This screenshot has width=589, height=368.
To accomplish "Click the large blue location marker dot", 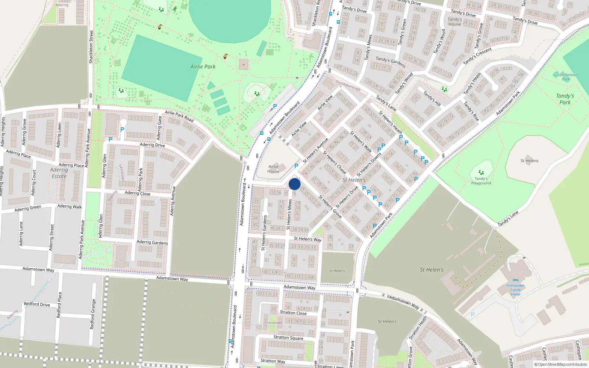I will click(x=294, y=184).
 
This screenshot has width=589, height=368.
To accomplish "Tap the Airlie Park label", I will click(x=203, y=67).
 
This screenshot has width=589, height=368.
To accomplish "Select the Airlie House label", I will click(x=274, y=169).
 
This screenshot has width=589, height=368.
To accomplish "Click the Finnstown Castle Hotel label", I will click(x=515, y=290).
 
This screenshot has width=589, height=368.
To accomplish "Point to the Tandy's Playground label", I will click(x=481, y=181).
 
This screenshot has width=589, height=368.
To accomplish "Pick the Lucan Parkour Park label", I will click(x=566, y=77).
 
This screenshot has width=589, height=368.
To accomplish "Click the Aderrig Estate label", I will click(x=59, y=173).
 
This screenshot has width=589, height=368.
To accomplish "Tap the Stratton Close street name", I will click(x=293, y=313).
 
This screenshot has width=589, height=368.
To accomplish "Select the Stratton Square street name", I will click(x=288, y=337).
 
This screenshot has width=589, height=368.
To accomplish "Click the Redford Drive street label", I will click(x=37, y=304).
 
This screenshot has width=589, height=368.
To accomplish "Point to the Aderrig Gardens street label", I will click(x=152, y=242).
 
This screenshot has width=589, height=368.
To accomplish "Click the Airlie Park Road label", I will click(x=179, y=116).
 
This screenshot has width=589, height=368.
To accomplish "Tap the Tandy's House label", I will click(x=455, y=22).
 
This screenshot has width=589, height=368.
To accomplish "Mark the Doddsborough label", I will click(x=348, y=85).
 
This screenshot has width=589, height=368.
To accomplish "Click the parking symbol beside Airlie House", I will click(x=296, y=166).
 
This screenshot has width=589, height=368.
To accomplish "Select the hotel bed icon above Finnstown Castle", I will click(x=515, y=280).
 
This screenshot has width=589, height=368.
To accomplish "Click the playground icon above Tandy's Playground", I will click(x=481, y=172).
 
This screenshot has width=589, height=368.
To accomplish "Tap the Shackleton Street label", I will click(x=91, y=47).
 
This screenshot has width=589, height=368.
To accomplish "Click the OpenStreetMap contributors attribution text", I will click(x=560, y=365).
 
